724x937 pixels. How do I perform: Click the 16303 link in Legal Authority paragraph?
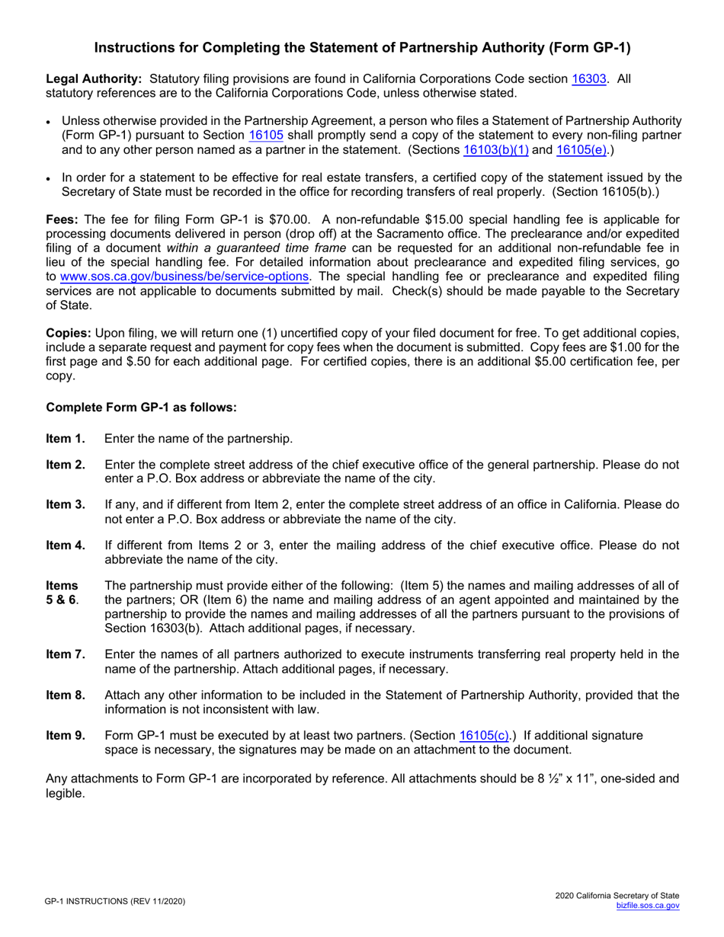tap(589, 78)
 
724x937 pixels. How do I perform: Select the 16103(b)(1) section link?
tap(496, 149)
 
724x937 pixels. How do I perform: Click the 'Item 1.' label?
tap(66, 438)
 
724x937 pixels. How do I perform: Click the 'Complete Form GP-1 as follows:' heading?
tap(142, 408)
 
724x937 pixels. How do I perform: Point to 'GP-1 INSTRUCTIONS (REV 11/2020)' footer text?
tap(114, 901)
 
